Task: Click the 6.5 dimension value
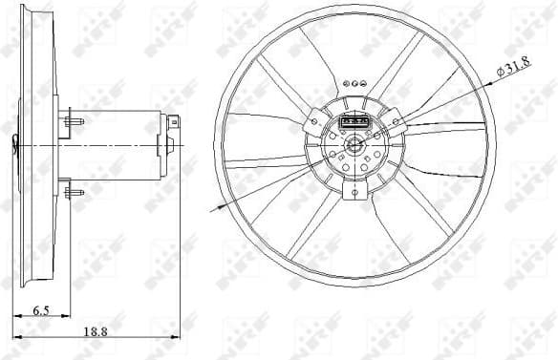coord(40,309)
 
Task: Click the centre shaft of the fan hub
coord(354,146)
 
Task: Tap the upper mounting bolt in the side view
coord(74,121)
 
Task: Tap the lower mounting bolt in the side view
coord(74,191)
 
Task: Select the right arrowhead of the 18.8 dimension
coord(177,337)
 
